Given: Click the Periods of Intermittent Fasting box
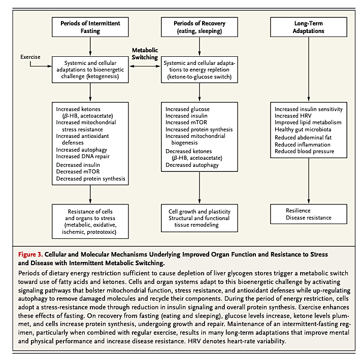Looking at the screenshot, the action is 90,27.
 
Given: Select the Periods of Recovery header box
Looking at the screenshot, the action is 200,27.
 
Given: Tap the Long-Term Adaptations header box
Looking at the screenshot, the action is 309,27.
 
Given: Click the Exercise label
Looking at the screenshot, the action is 30,57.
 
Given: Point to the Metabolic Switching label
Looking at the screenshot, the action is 145,54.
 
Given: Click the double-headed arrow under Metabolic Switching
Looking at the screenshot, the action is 145,66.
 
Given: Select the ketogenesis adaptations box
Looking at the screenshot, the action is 90,69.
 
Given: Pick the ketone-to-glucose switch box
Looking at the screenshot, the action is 200,69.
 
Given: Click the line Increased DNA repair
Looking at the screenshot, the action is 83,156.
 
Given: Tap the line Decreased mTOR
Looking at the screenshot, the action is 78,171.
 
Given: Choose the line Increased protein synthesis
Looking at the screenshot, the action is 199,129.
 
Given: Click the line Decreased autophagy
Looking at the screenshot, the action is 192,165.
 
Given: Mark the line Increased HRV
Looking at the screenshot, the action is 293,116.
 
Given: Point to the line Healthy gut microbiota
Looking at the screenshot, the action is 303,129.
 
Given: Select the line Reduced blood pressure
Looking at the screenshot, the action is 304,151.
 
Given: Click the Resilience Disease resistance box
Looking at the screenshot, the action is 309,214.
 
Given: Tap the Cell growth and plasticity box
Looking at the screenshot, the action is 200,218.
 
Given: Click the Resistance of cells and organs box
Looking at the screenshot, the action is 90,222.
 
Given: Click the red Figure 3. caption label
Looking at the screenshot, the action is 30,255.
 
